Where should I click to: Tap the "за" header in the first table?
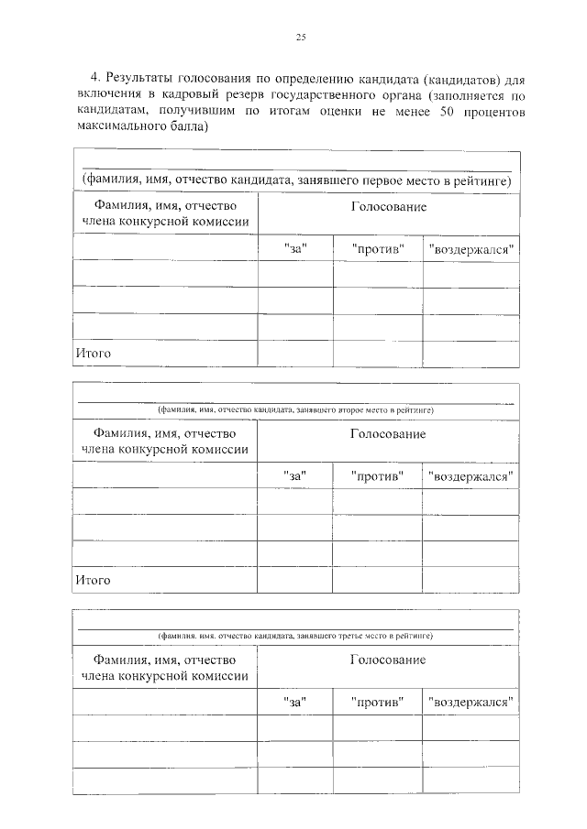294,248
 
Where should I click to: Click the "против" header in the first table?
377,248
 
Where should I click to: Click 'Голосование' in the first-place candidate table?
388,207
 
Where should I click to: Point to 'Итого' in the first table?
93,352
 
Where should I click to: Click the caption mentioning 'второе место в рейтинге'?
295,409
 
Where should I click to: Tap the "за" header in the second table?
294,475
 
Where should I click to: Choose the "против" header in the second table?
377,475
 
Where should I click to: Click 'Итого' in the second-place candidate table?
93,580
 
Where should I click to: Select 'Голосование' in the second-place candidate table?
388,433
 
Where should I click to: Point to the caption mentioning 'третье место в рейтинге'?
295,635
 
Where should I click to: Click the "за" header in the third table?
294,702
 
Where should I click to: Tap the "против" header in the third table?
377,702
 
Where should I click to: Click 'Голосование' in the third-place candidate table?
388,660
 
